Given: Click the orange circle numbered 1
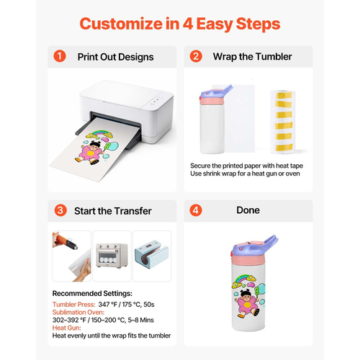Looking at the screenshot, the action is pos(60,56).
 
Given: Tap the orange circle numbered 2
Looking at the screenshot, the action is pos(196,56).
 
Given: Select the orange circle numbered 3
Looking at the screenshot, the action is pos(60,210).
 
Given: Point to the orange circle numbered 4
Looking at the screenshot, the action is pos(196,210).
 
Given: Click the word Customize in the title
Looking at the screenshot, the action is pos(121,24).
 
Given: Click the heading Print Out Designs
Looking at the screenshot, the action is pos(115,57).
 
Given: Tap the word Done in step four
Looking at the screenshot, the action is pos(248,210).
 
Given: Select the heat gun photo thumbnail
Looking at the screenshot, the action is pos(71,256).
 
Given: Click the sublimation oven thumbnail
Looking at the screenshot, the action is pos(112,256).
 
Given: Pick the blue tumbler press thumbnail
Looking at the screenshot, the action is pos(152,256).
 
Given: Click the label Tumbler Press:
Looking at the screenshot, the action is pos(73,305).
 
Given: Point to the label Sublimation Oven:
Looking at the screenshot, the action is pos(78,312).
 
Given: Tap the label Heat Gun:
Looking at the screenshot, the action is pos(67,328).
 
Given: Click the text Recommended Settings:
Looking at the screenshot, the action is pos(92,293).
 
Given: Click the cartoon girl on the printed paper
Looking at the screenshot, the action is pos(91,152).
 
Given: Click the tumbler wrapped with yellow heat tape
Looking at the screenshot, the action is pos(282,122).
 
